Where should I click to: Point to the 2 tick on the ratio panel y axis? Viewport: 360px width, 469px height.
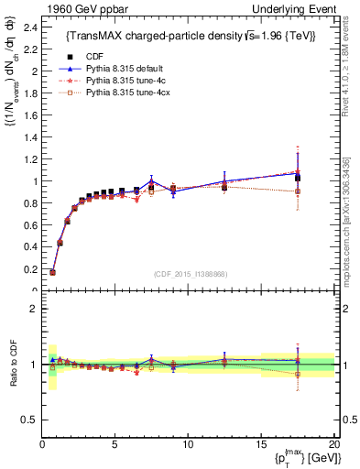click(33, 309)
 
